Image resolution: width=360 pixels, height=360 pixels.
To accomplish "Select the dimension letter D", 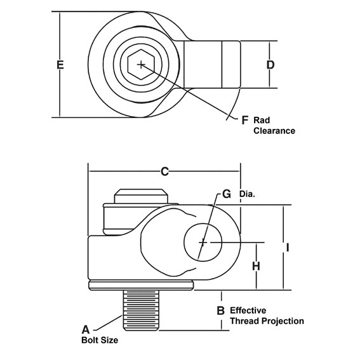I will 270,65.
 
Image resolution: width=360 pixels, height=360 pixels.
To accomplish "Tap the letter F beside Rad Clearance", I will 245,119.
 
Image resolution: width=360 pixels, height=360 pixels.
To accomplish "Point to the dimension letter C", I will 164,171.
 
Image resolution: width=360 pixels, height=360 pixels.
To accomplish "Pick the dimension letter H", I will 256,267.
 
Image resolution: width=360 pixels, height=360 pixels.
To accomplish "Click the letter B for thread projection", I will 220,311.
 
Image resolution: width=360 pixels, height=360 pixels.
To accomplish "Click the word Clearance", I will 275,131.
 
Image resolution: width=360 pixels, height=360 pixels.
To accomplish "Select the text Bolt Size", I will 99,340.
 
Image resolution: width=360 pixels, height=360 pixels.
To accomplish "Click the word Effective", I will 251,310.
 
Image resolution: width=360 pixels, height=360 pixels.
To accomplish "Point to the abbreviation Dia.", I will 247,194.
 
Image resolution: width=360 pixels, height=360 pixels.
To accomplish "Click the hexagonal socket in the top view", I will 140,64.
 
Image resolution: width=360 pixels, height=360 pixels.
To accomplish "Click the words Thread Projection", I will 267,321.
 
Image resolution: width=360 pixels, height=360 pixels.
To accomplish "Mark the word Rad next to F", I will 262,119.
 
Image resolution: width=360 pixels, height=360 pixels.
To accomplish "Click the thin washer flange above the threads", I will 141,285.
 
